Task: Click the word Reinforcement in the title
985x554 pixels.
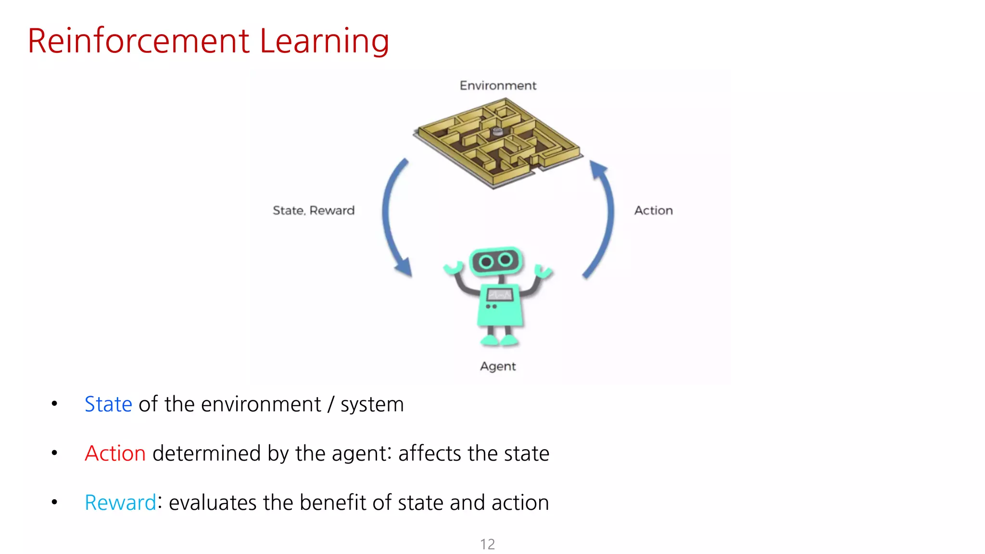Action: [139, 41]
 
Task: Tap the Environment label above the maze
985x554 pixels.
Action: [498, 86]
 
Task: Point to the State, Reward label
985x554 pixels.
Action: [314, 211]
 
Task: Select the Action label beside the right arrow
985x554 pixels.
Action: [653, 211]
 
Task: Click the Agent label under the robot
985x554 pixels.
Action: [498, 366]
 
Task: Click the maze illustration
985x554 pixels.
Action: [498, 142]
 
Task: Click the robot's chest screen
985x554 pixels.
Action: [500, 294]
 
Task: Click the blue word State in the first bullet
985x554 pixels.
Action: [108, 404]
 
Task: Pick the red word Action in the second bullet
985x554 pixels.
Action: [115, 453]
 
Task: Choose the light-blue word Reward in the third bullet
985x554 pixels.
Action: [120, 503]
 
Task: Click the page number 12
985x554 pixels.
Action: [487, 544]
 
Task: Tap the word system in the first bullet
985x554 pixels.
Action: [372, 404]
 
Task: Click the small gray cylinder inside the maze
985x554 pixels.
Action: [497, 131]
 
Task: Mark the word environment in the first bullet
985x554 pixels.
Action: [261, 404]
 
